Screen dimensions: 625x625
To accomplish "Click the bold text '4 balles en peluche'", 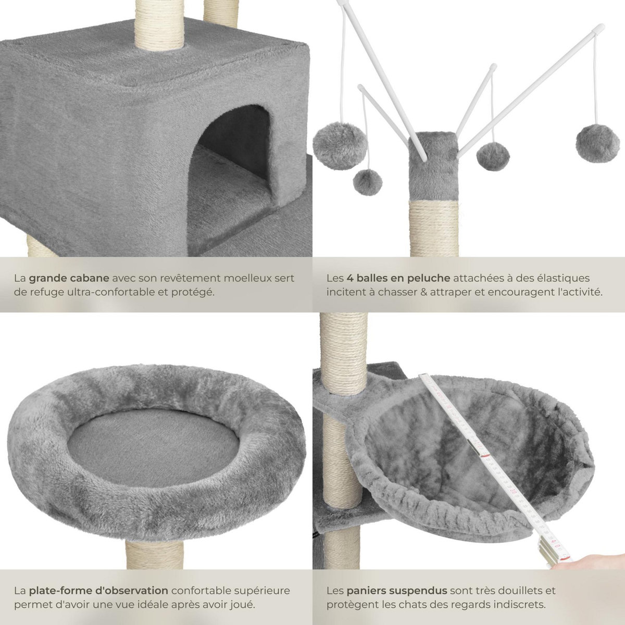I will coord(396,278).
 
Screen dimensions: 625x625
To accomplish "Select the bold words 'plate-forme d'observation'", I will coord(98,591).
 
